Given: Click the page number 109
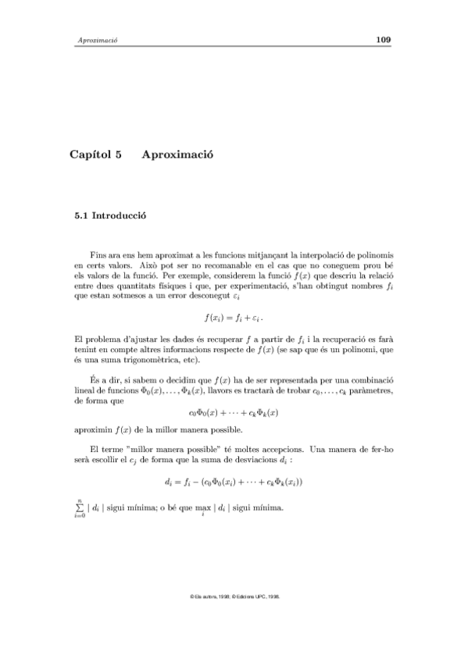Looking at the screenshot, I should click(x=383, y=39).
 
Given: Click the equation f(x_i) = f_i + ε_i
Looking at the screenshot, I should click(x=234, y=318).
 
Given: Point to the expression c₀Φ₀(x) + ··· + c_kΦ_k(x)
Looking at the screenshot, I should click(x=234, y=411).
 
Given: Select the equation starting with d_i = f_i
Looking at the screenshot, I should click(x=234, y=482).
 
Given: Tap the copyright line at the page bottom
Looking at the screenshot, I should click(x=234, y=596).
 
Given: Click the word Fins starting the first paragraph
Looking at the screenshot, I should click(x=99, y=255).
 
